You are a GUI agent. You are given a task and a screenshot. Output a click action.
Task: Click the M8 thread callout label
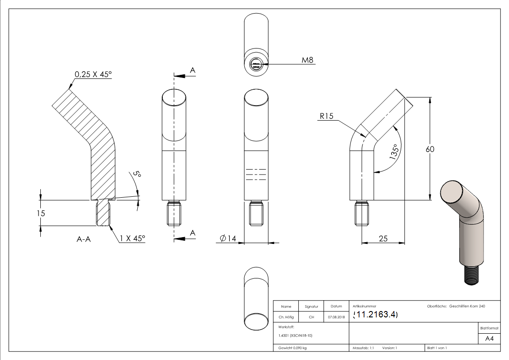click(x=308, y=60)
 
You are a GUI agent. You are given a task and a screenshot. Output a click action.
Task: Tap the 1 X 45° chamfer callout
click(x=132, y=238)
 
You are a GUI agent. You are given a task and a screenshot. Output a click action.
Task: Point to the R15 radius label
click(x=326, y=116)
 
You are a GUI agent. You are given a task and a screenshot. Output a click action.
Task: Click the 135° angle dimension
click(x=394, y=152)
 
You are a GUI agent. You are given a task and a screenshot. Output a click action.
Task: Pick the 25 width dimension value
click(x=383, y=238)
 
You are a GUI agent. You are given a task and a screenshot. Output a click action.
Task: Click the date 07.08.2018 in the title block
click(x=336, y=317)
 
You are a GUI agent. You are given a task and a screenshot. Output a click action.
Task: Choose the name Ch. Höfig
click(x=286, y=317)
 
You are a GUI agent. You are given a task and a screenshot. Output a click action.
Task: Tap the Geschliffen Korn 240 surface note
click(x=467, y=306)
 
